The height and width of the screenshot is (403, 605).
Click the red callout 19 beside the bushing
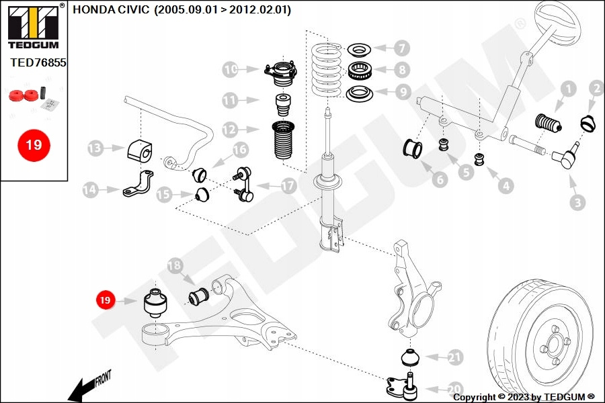(x=106, y=300)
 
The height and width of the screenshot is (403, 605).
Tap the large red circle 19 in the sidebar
(x=33, y=144)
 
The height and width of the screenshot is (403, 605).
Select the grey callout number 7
(x=401, y=48)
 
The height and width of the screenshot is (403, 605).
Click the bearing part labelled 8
(x=360, y=69)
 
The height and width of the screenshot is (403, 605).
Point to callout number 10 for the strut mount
(x=231, y=69)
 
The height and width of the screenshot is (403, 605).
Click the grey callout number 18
(x=174, y=266)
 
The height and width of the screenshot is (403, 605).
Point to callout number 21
(x=455, y=358)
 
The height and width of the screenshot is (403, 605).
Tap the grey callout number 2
(x=596, y=88)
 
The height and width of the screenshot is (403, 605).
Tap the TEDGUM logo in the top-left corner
(x=33, y=26)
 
